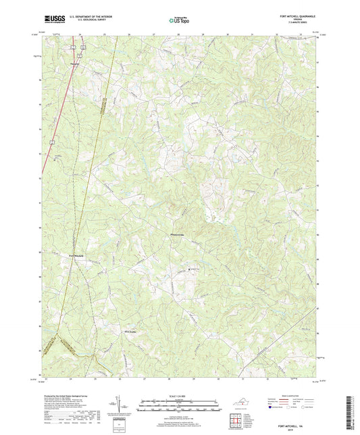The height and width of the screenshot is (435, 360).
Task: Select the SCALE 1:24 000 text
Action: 178,396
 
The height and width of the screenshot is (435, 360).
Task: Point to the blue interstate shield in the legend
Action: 272,407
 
